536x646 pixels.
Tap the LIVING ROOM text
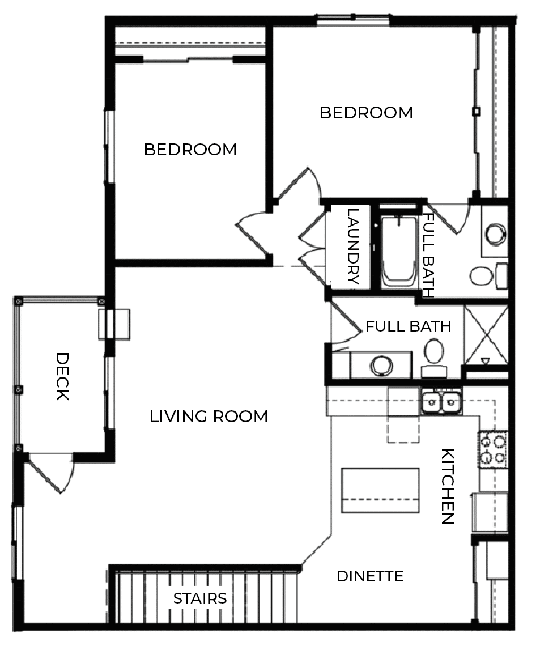tap(209, 417)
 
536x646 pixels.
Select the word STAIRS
tap(200, 598)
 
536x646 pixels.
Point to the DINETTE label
tap(370, 577)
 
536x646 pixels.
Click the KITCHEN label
tap(448, 486)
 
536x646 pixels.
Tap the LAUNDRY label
tap(352, 246)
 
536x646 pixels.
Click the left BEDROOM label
tap(190, 150)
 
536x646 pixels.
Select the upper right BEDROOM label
tap(366, 113)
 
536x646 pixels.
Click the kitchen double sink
tap(442, 402)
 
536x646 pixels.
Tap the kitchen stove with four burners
tap(493, 449)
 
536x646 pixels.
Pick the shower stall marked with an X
tap(486, 335)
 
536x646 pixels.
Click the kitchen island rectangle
tap(380, 490)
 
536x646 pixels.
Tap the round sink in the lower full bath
tap(382, 365)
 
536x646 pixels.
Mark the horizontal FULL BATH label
tap(408, 327)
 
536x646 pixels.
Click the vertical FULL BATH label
tap(429, 255)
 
